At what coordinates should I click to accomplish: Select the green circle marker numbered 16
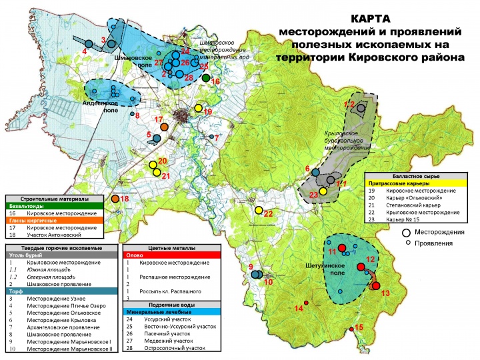pyautogui.click(x=207, y=79)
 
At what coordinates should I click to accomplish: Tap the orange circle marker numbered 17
pyautogui.click(x=165, y=126)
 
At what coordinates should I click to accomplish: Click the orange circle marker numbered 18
pyautogui.click(x=115, y=199)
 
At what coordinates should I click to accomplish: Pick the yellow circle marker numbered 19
pyautogui.click(x=198, y=109)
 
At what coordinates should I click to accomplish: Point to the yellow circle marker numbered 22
pyautogui.click(x=259, y=211)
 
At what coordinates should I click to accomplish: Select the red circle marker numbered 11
pyautogui.click(x=342, y=248)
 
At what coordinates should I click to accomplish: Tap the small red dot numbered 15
pyautogui.click(x=351, y=329)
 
